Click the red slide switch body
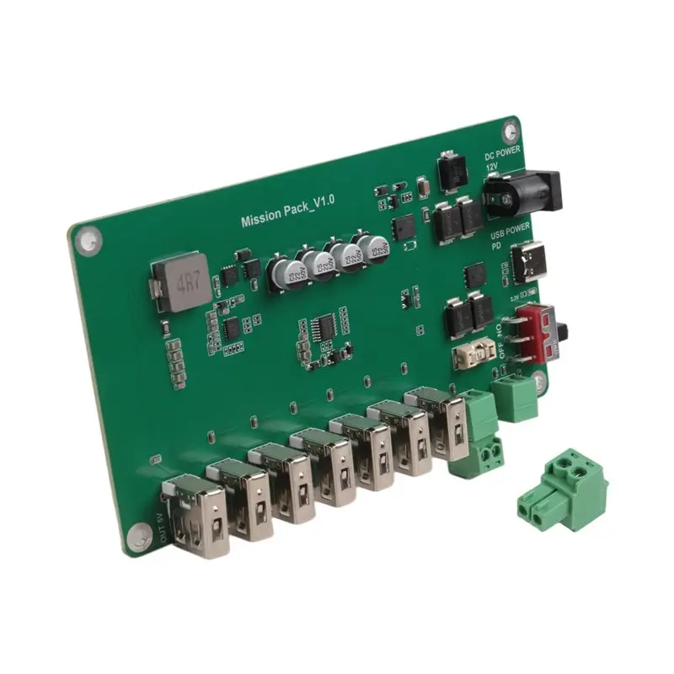538,331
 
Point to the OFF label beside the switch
503,348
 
